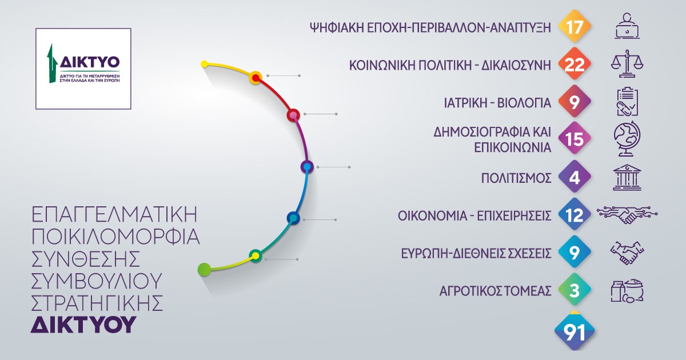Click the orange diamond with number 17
coord(575,26)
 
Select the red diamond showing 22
coord(575,63)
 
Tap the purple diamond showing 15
coord(575,138)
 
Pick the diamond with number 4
coord(575,177)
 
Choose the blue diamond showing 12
coord(575,214)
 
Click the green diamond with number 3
coord(575,289)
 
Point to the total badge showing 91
coord(575,331)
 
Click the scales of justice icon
coord(627,63)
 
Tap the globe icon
coord(627,139)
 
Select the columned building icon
coord(627,178)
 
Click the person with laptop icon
coord(627,26)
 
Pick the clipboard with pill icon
coord(627,102)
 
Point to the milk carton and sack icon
coord(627,290)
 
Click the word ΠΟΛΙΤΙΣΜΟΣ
coord(516,178)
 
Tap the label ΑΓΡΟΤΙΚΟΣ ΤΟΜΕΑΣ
coord(495,291)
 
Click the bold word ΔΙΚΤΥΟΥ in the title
coord(83,324)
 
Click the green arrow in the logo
coord(52,63)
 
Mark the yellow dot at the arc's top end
coord(204,64)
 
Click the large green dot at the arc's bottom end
coord(204,269)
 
